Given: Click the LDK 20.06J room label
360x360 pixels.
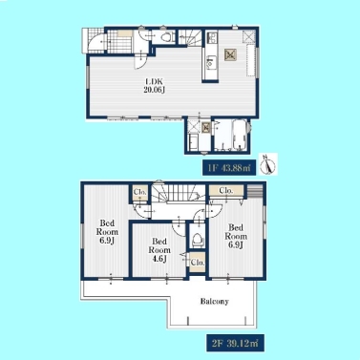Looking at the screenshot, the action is click(x=154, y=85).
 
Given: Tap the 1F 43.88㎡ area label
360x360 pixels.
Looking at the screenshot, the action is click(x=229, y=167).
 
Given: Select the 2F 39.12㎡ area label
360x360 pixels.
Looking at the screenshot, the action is click(x=235, y=343).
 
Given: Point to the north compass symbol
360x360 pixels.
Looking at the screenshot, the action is click(x=269, y=163).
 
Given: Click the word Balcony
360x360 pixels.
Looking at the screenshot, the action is click(x=214, y=301).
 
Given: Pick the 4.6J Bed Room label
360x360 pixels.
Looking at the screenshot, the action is click(x=159, y=250).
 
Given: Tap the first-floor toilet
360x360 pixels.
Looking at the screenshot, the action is click(x=166, y=37).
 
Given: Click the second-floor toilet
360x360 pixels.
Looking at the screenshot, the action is click(x=197, y=239).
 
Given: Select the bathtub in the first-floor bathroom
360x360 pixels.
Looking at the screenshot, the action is click(x=240, y=135).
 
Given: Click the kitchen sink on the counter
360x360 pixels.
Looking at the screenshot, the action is click(x=210, y=63).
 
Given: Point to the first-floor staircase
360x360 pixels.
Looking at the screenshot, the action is click(x=190, y=37).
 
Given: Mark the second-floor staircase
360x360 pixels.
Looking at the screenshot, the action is click(x=179, y=194).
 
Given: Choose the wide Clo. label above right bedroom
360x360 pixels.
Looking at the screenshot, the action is click(x=226, y=191).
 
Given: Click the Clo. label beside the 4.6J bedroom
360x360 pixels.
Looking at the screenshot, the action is click(x=198, y=263).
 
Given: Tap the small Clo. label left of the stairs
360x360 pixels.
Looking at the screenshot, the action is click(x=139, y=192).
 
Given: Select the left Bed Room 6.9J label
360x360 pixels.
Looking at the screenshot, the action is click(x=107, y=231).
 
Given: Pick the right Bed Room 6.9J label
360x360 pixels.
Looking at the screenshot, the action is click(x=236, y=236).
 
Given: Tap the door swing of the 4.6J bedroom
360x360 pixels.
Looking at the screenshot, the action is click(x=177, y=230).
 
